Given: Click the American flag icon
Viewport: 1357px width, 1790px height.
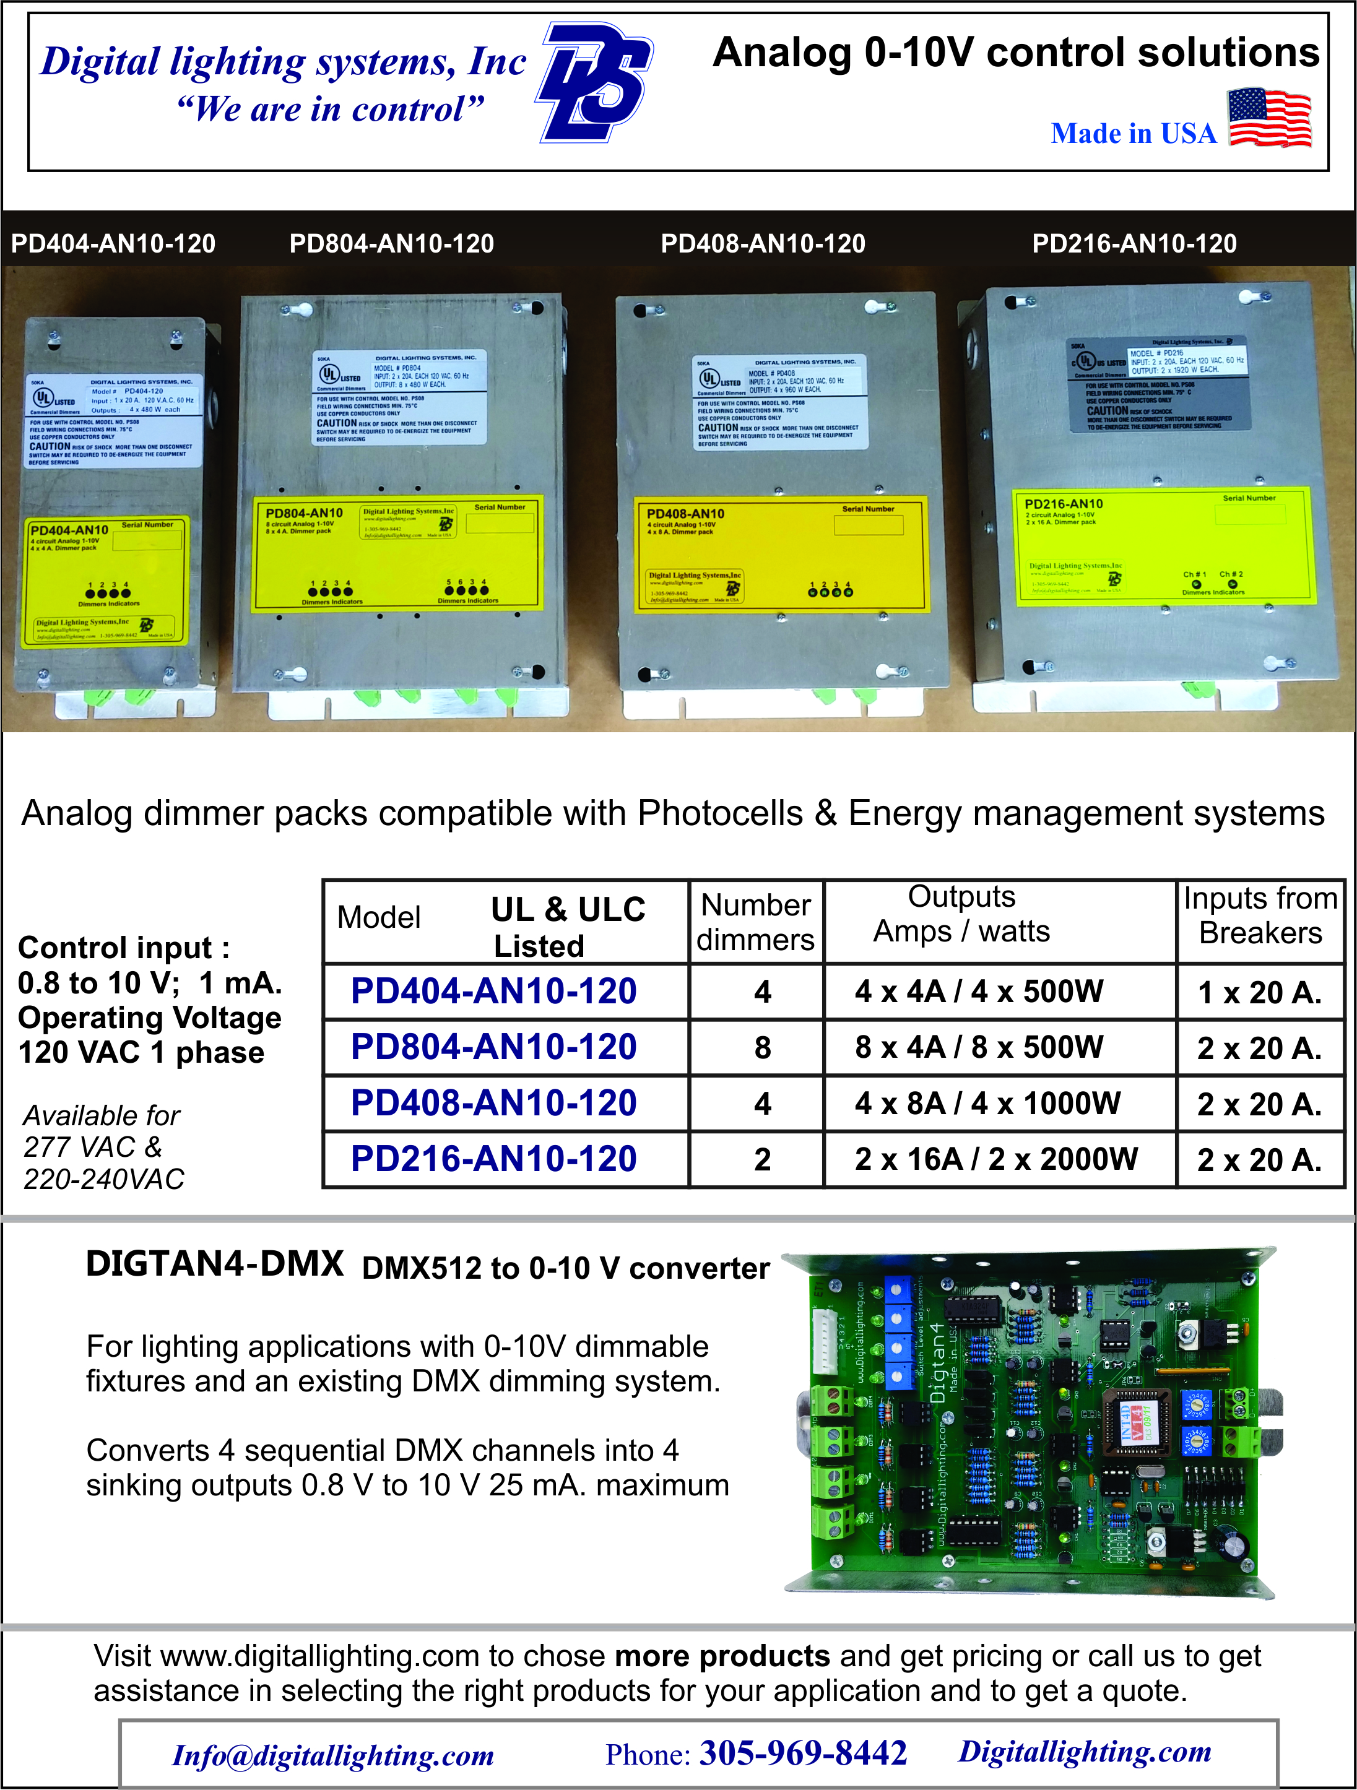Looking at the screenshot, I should pos(1269,118).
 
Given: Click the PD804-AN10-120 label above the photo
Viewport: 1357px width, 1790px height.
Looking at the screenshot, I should pos(392,244).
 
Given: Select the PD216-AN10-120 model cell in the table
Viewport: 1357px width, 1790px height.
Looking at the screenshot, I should pos(493,1159).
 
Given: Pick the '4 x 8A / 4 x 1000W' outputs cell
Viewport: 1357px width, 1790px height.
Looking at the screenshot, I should pos(987,1103).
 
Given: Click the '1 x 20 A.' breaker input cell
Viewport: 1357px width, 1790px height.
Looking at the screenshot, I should pos(1259,992).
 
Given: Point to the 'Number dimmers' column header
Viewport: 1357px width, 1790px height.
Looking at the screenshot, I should pos(756,922).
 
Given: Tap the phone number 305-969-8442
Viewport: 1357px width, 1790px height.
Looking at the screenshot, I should pos(803,1753).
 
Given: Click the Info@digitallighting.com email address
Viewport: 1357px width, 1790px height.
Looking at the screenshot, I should pos(332,1755).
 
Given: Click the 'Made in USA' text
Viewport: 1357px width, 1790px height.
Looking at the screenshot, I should pos(1133,134).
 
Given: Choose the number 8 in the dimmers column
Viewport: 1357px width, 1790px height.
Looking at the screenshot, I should pos(762,1048).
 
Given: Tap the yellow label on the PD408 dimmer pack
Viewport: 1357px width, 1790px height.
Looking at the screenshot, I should pos(780,555).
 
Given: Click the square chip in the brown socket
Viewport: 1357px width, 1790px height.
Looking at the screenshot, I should pos(1135,1425).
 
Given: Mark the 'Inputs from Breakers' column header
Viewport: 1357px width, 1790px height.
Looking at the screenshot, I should pos(1260,915).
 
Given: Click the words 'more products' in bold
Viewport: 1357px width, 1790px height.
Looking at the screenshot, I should pos(722,1656).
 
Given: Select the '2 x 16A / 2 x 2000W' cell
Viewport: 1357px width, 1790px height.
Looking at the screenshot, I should pos(996,1159).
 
